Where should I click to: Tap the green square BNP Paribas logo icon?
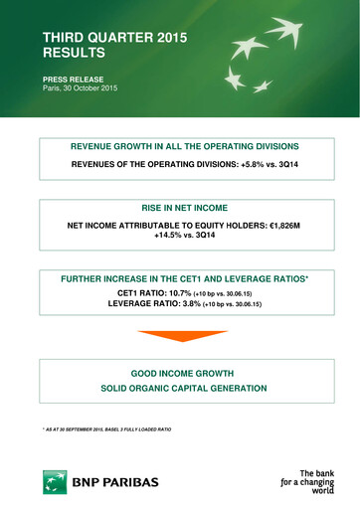(54, 482)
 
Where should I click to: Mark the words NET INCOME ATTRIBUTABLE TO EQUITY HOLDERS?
(166, 226)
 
